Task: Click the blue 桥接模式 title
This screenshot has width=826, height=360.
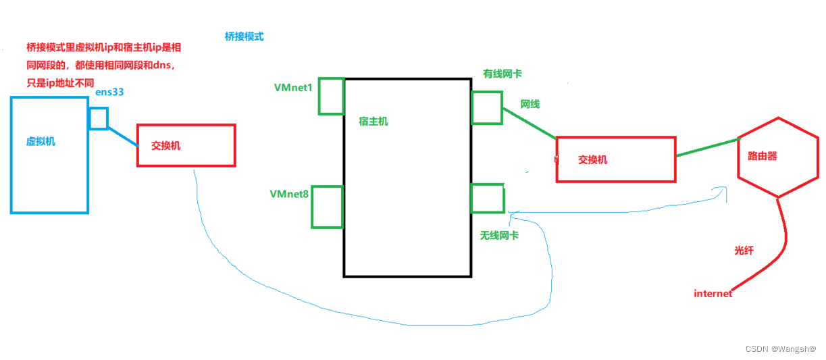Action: (244, 36)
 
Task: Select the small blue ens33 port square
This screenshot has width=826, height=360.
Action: (99, 118)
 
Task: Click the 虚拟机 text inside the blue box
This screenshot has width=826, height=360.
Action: (41, 141)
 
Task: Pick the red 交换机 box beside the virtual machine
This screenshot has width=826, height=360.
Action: (186, 145)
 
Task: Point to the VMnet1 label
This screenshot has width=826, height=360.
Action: (292, 88)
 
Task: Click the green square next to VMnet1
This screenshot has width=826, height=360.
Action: (332, 96)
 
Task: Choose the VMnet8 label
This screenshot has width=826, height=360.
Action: (289, 194)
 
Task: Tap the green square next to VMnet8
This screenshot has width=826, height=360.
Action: (328, 207)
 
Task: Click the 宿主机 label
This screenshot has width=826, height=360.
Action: (373, 122)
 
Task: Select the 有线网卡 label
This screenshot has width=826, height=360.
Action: (502, 73)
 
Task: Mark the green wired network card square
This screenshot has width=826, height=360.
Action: (487, 107)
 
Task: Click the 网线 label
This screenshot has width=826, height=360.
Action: (530, 104)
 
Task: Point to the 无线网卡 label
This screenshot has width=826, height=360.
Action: (499, 235)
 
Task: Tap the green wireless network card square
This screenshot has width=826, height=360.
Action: (487, 198)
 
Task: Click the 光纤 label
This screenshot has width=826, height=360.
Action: (744, 250)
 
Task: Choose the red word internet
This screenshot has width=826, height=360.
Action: (713, 293)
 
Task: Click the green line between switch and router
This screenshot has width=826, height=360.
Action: (707, 148)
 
